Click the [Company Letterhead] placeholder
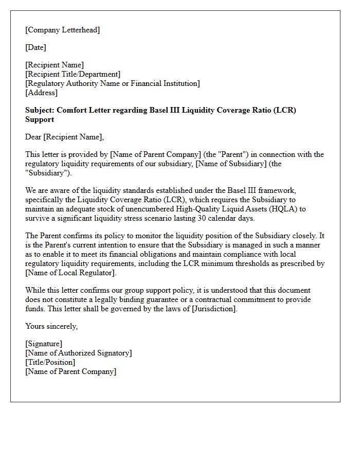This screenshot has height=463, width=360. click(62, 30)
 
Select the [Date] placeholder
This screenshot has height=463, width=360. click(35, 47)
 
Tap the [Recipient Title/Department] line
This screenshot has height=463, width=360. click(73, 74)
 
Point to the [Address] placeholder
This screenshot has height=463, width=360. click(41, 93)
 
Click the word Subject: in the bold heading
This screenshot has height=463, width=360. click(40, 110)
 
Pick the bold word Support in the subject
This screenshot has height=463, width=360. click(40, 119)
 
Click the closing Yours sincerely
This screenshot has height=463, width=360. click(51, 326)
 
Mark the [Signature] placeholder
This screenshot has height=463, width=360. click(44, 344)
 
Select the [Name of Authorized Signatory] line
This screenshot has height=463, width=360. click(78, 353)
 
